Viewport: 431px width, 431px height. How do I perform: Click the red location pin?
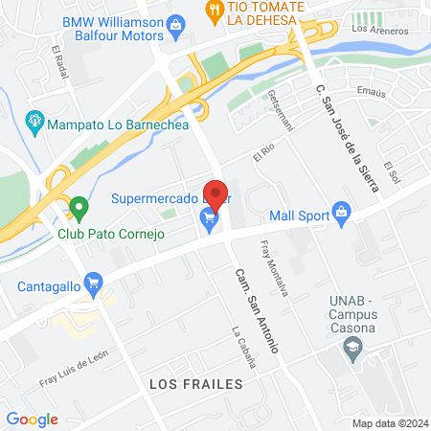215,194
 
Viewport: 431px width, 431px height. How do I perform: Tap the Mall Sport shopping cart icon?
340,212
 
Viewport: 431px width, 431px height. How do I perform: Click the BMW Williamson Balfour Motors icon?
175,23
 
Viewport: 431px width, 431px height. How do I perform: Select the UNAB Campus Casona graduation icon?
353,346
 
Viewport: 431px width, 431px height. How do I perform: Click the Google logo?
32,419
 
